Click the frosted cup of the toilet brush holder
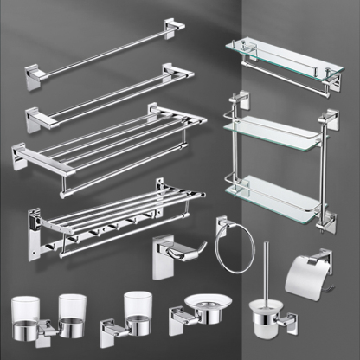click(x=265, y=317)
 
